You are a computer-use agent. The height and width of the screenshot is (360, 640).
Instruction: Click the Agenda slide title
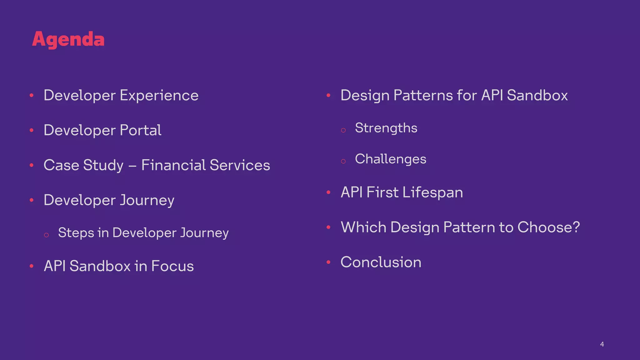pos(68,40)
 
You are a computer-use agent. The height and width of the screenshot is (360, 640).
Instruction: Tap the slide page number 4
pos(602,344)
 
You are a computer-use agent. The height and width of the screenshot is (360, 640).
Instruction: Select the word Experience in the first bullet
pos(159,95)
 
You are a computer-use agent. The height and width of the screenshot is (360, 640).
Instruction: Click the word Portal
pos(140,130)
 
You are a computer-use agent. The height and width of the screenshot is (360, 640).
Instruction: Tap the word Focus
pos(172,266)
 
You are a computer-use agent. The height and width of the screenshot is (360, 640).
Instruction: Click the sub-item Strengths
pos(386,128)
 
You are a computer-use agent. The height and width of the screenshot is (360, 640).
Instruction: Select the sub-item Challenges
pos(390,159)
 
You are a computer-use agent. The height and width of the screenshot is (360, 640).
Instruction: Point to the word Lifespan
pos(432,192)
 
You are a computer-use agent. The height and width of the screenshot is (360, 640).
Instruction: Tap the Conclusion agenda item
pos(381,262)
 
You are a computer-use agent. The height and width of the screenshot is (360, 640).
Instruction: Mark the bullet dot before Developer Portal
pos(32,130)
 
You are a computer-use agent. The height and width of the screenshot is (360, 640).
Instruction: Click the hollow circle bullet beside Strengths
pos(343,130)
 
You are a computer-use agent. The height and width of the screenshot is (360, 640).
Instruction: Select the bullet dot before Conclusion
pos(328,262)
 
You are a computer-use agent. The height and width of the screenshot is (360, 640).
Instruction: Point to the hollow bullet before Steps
pos(46,235)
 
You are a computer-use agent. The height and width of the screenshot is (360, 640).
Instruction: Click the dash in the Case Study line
pos(132,166)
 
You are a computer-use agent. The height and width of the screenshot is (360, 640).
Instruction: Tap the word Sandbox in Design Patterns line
pos(537,95)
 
